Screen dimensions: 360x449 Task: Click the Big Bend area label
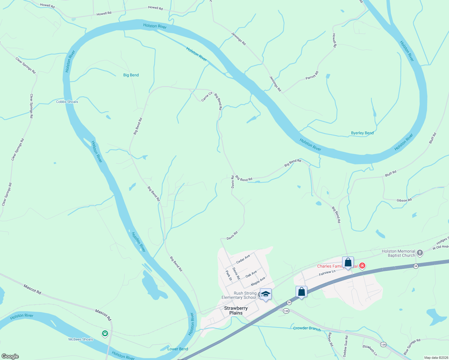point(131,75)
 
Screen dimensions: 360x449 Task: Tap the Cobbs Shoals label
point(67,102)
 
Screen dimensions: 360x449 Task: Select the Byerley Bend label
point(362,133)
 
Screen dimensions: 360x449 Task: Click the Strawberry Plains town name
point(236,310)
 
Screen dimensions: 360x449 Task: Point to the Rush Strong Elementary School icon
point(266,294)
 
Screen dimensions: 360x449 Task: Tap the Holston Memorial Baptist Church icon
point(420,253)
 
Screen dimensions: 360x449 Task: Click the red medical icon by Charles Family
point(362,266)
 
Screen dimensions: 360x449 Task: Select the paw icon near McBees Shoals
point(105,333)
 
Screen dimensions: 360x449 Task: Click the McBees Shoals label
point(81,339)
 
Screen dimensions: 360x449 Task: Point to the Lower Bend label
point(178,349)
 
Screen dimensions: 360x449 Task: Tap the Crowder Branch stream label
point(307,328)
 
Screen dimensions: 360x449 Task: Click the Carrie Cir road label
point(207,97)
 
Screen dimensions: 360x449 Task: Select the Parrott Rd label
point(312,76)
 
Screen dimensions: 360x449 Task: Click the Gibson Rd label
point(404,200)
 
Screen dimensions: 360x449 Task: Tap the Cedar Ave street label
point(243,259)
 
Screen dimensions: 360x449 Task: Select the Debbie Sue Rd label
point(345,346)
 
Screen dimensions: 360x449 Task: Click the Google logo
point(10,356)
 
